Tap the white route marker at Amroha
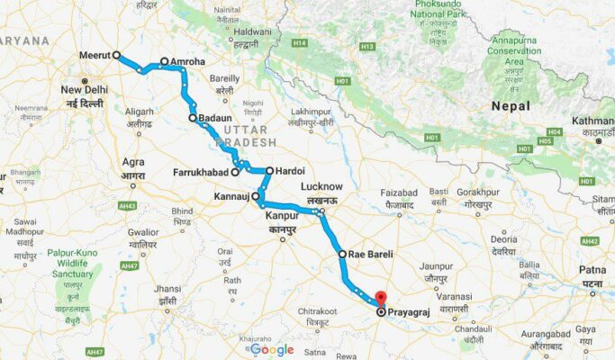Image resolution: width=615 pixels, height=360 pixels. (164, 62)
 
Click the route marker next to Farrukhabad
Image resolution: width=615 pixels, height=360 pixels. (235, 171)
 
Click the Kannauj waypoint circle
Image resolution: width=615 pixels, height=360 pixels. (256, 195)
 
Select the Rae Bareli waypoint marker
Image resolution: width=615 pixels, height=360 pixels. (342, 255)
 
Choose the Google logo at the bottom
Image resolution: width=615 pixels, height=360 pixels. (272, 349)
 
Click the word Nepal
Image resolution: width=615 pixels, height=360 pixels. (509, 106)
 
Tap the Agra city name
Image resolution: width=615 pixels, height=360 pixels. (132, 163)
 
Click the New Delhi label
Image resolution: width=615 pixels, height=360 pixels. (85, 91)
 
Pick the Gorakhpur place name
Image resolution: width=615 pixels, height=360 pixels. (477, 192)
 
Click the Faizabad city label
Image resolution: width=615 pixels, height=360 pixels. (400, 193)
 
